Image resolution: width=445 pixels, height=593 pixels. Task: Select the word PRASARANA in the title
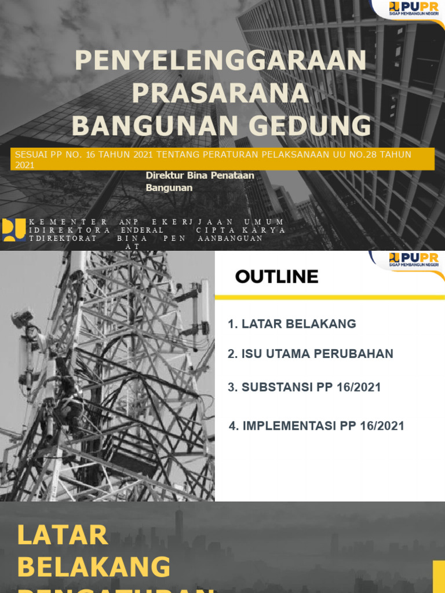220,94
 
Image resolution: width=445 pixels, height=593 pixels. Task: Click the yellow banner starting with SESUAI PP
222,159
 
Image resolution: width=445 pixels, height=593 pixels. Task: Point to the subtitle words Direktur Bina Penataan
200,175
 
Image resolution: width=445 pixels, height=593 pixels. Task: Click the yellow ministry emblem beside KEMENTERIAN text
13,230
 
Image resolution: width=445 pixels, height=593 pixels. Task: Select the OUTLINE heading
276,277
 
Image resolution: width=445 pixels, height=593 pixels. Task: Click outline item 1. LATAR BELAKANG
292,324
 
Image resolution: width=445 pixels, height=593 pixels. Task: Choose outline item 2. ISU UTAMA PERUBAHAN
311,354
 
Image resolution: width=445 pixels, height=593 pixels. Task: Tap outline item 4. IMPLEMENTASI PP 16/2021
316,426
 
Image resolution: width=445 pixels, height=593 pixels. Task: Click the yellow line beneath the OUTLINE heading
330,297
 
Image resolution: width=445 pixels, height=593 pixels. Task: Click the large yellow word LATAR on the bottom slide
63,535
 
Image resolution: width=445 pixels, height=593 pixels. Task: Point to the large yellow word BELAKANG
94,566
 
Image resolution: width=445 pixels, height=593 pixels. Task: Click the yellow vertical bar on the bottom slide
439,576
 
